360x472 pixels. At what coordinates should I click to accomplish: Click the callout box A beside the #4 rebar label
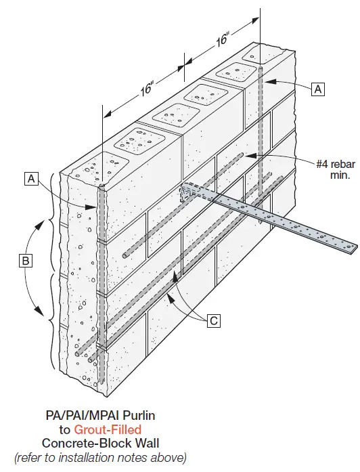click(318, 88)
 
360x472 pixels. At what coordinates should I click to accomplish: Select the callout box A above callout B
click(30, 179)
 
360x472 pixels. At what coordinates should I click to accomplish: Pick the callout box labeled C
click(213, 320)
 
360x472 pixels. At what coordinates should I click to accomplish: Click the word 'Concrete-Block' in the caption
click(82, 443)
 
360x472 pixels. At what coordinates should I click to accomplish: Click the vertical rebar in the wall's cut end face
click(100, 284)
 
